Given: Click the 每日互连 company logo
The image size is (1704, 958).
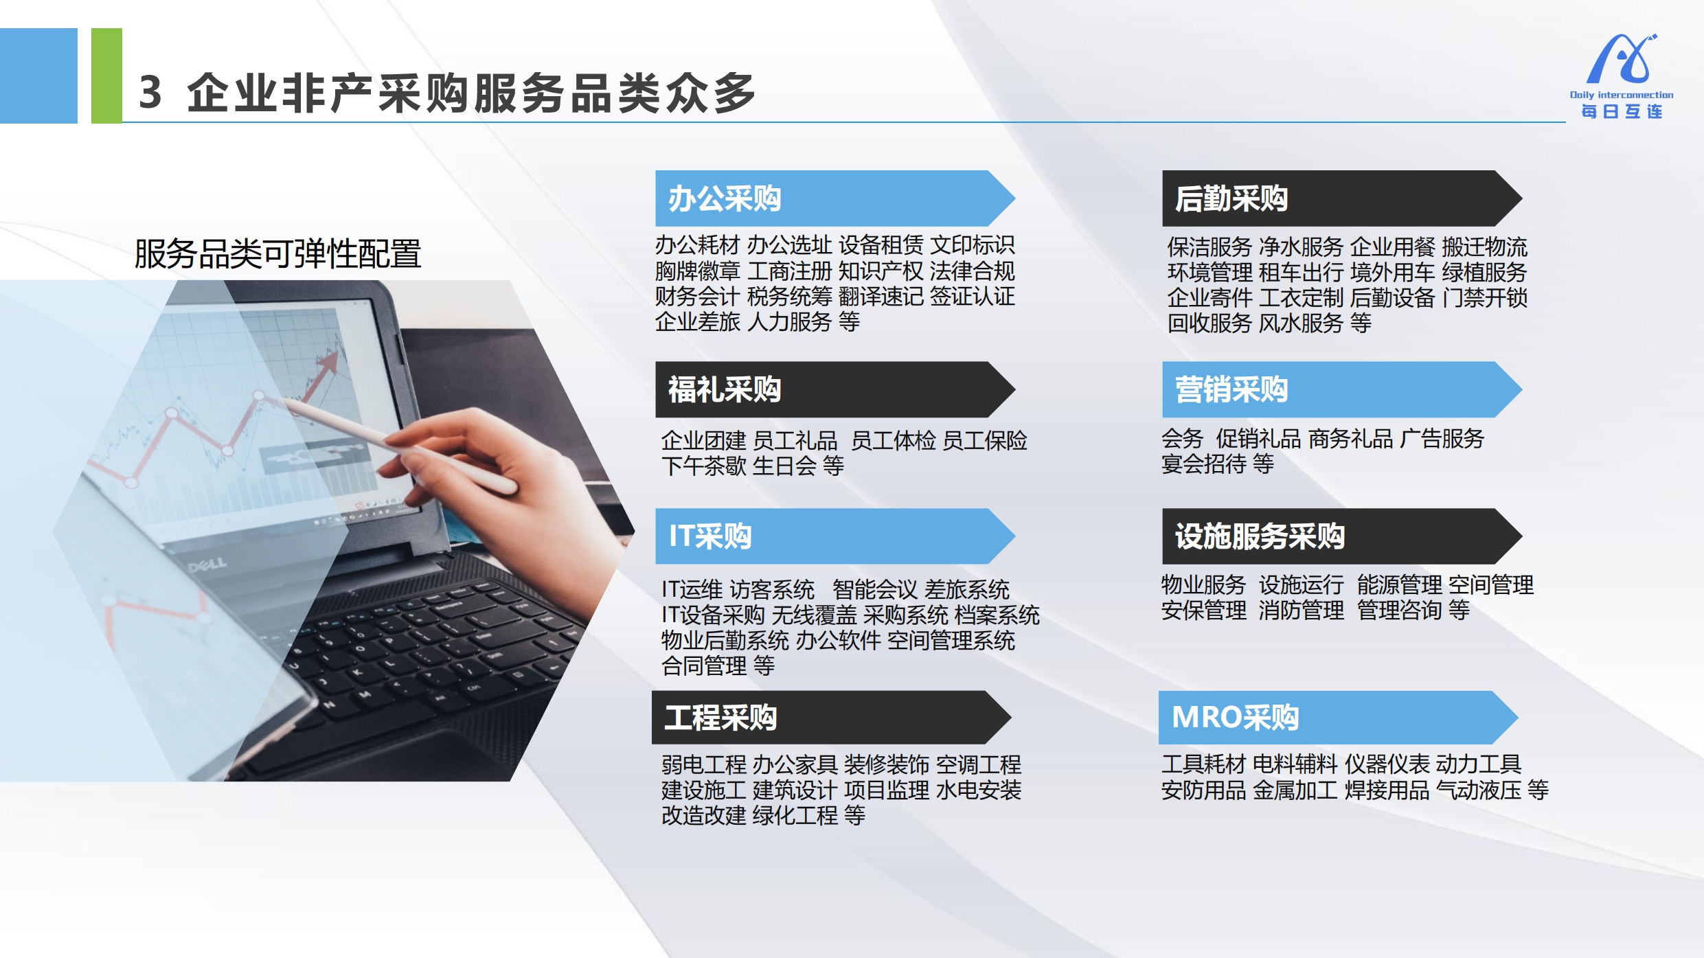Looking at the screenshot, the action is coord(1622,76).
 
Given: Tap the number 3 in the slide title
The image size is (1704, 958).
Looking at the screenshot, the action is coord(150,93).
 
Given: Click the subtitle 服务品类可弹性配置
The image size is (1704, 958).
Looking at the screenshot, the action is coord(277,253).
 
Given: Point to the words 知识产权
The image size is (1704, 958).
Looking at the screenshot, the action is coord(881,271).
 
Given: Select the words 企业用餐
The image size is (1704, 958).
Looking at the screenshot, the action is coord(1392,247).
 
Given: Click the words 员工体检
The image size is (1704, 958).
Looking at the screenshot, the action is coord(893,440).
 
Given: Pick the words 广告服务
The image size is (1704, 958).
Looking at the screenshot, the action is coord(1442,438).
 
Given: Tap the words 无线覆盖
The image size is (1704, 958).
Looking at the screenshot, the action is coord(814,615).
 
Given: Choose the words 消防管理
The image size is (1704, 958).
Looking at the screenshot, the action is coord(1301,610).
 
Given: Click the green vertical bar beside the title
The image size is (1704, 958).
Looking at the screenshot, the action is coord(106,76).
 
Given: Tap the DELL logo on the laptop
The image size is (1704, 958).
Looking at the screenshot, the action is coord(207,565).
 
